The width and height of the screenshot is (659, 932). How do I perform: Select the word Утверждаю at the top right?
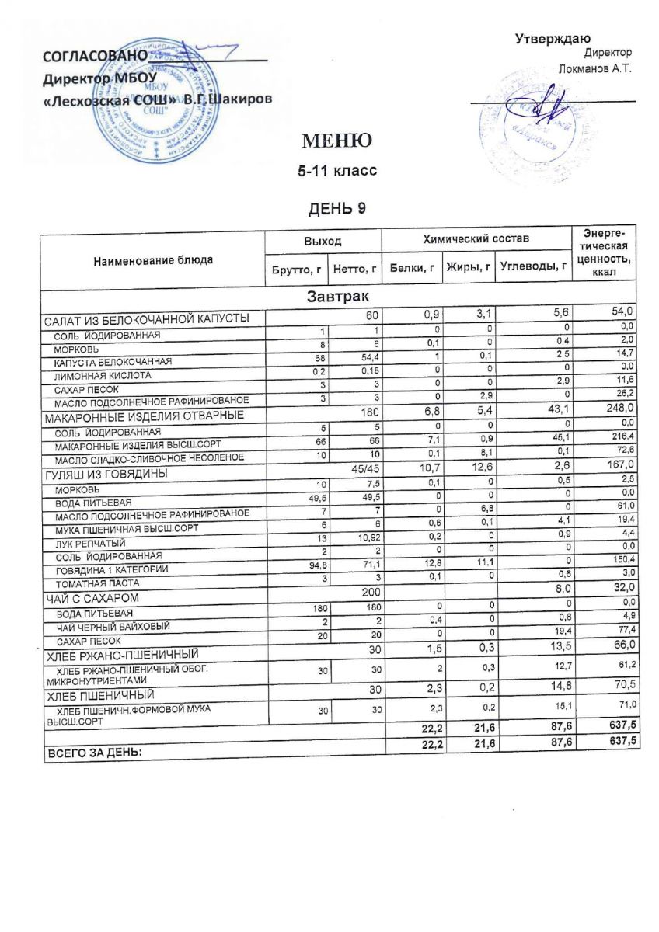point(553,39)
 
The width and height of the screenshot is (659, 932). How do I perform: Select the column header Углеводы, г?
point(532,267)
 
